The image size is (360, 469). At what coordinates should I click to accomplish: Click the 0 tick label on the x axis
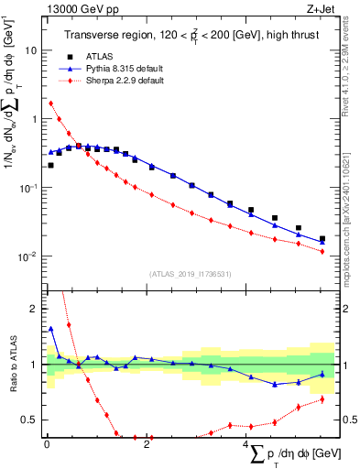[x=46, y=444]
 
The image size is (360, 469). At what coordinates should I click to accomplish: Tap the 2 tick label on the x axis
[x=147, y=444]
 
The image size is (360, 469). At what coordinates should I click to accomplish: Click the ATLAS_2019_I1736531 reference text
[x=191, y=274]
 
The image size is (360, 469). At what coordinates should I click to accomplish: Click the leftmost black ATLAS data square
[x=50, y=166]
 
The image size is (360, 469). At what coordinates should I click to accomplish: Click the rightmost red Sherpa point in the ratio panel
[x=322, y=399]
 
